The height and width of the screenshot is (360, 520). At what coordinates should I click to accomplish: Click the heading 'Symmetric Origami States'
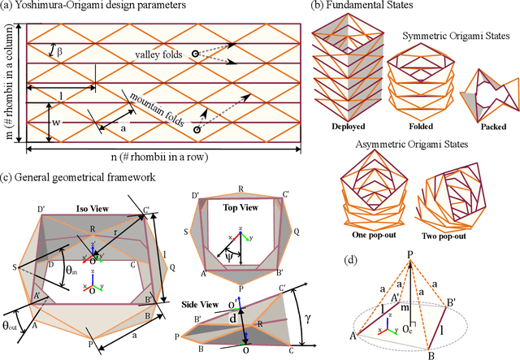(x=451, y=37)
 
